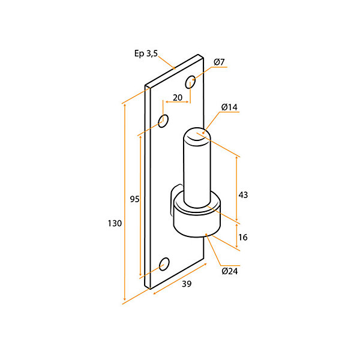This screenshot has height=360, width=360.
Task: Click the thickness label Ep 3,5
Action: coord(146,53)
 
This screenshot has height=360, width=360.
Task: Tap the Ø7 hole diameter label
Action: coord(219,62)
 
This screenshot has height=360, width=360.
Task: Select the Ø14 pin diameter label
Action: coord(229,107)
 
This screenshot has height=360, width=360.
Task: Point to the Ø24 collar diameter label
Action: coord(230,271)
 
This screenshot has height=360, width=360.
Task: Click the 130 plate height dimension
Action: coord(115,223)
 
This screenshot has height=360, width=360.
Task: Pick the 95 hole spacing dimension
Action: coord(134,199)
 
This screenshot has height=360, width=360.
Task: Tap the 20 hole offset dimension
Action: coord(178,98)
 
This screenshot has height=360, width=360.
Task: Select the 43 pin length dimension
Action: coord(243,195)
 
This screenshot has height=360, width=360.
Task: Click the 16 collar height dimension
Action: coord(243,237)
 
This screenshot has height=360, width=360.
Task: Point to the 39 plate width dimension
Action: coord(187,284)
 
